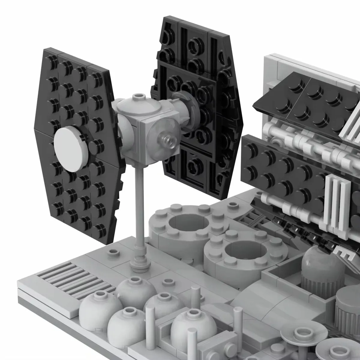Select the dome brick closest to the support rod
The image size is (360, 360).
point(131,289)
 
